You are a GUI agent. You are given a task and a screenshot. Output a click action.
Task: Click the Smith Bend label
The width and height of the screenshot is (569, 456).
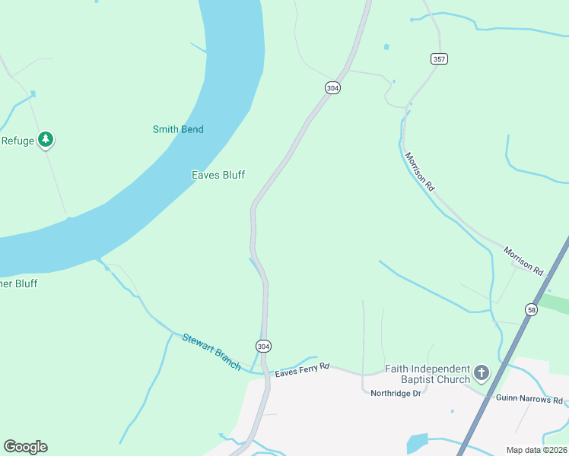178,129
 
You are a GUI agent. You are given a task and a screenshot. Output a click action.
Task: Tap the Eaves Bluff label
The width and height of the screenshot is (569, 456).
218,175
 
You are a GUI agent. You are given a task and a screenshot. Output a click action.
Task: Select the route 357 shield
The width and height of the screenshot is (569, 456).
439,59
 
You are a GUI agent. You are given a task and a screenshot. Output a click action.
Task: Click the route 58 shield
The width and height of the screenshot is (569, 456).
531,309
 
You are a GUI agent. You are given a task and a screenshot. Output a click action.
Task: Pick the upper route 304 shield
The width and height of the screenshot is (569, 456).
332,88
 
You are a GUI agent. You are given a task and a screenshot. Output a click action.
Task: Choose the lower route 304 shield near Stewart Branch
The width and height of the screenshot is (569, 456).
263,347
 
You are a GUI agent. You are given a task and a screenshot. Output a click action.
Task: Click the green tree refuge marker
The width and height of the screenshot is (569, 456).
46,139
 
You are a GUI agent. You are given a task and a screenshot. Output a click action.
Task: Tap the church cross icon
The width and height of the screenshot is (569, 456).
481,372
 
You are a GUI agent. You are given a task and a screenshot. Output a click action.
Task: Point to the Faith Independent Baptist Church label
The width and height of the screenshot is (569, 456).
428,374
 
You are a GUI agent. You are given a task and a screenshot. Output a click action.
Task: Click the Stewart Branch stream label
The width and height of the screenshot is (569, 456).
211,352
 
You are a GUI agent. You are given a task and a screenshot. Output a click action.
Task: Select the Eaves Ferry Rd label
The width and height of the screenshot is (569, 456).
302,369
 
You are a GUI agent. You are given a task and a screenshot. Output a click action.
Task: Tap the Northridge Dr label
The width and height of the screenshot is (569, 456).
396,393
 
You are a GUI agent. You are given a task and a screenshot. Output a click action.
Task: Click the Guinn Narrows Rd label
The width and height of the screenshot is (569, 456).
530,399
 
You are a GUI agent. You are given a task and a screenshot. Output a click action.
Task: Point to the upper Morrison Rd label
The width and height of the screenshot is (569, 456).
419,171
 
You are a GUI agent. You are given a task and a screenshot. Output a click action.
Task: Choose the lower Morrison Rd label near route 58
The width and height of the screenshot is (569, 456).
523,261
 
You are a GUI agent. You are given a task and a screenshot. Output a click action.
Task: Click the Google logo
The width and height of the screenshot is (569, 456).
25,447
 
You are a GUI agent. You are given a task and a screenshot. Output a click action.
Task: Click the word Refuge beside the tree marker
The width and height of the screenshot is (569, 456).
17,141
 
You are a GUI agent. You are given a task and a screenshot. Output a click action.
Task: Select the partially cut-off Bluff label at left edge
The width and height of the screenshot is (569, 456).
18,283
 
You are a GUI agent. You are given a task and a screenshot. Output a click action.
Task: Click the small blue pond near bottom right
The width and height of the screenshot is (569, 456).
418,443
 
